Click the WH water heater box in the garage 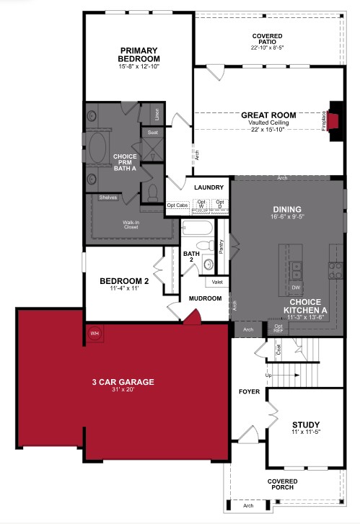95,333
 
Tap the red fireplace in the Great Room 334,120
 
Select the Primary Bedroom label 139,55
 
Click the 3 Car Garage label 123,382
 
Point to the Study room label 307,425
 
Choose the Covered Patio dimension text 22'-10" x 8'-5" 267,48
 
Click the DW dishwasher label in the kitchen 297,287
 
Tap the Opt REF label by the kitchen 278,329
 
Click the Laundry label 209,187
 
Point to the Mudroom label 205,297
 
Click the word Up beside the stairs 269,376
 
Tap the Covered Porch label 283,484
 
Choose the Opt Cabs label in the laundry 177,205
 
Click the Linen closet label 157,114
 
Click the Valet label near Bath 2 217,283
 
